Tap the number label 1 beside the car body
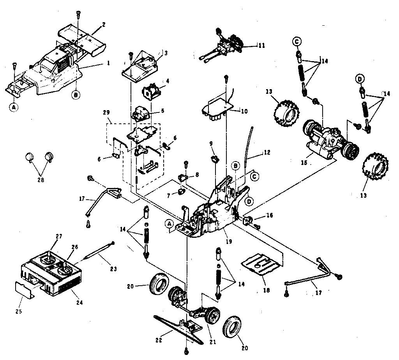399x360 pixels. (x=108, y=63)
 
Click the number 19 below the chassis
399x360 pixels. (x=229, y=241)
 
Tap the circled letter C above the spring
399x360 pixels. (x=297, y=41)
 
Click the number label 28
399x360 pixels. (x=41, y=180)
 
